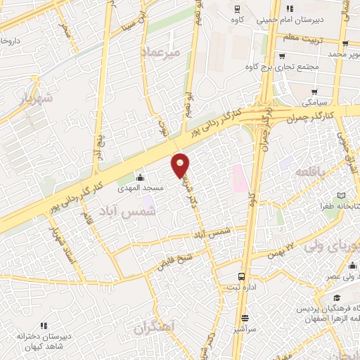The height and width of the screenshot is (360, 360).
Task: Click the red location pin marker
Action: tap(181, 165)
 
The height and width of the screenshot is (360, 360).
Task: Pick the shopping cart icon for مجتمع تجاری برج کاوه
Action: tap(281, 56)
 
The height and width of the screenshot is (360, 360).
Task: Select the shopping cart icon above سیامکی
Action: tap(314, 91)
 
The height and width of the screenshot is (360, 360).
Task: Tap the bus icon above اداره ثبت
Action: tap(243, 277)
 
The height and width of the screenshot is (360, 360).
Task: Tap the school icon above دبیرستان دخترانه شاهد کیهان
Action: tap(44, 326)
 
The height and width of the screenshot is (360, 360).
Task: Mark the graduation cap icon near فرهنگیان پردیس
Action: tap(337, 297)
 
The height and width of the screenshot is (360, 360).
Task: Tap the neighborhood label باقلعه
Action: tap(309, 172)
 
